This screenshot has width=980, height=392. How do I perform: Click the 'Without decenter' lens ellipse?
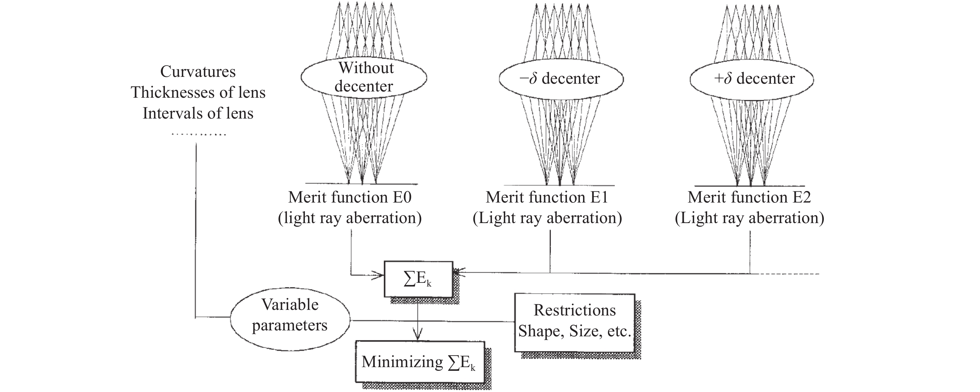click(x=364, y=77)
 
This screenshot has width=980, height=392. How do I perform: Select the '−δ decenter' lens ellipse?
click(x=561, y=79)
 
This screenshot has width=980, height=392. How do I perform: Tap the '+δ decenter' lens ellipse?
click(x=752, y=79)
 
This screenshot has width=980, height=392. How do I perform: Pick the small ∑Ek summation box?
click(x=418, y=279)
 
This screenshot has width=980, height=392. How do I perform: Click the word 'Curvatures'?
click(x=198, y=72)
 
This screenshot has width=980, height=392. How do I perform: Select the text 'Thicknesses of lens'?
click(x=198, y=92)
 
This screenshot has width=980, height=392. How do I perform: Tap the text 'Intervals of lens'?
click(x=198, y=114)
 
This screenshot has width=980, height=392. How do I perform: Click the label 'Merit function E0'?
click(x=350, y=197)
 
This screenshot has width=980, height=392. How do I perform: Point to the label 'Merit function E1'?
click(x=547, y=197)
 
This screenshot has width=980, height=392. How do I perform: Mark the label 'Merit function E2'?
click(x=749, y=197)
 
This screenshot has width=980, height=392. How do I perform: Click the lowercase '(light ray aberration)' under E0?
click(x=350, y=218)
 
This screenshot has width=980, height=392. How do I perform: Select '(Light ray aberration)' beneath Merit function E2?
click(x=749, y=218)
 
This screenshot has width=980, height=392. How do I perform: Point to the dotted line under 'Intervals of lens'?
click(x=198, y=134)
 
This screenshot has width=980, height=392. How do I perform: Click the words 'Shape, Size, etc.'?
click(x=574, y=331)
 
